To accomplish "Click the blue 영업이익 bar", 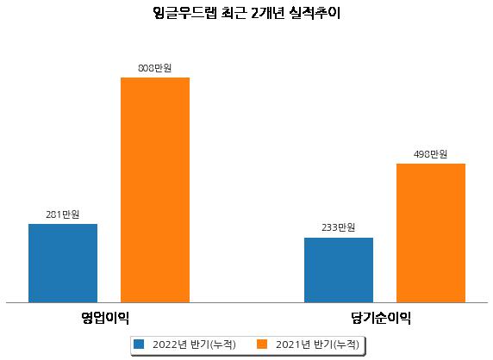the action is click(63, 264).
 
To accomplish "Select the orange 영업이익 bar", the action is click(155, 190).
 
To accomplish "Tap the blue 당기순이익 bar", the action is click(339, 270).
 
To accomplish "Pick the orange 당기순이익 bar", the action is click(431, 233).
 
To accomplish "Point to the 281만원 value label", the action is click(63, 214).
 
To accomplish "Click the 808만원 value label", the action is click(155, 68).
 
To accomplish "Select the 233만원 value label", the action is click(339, 227).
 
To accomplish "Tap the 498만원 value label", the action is click(430, 154).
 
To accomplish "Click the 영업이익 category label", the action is click(105, 318).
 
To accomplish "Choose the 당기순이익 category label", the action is click(381, 318).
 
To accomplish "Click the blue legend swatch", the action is click(139, 344).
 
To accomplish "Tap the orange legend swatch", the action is click(262, 344).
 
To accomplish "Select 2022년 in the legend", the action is click(170, 344).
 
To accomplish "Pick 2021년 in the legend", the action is click(293, 344).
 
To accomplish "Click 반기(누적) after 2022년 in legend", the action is click(213, 344).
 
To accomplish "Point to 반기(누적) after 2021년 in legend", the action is click(336, 344).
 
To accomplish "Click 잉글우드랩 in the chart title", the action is click(184, 13).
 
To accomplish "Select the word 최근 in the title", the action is click(234, 13).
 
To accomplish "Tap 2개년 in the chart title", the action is click(268, 13).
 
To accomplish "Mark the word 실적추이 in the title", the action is click(315, 13).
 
